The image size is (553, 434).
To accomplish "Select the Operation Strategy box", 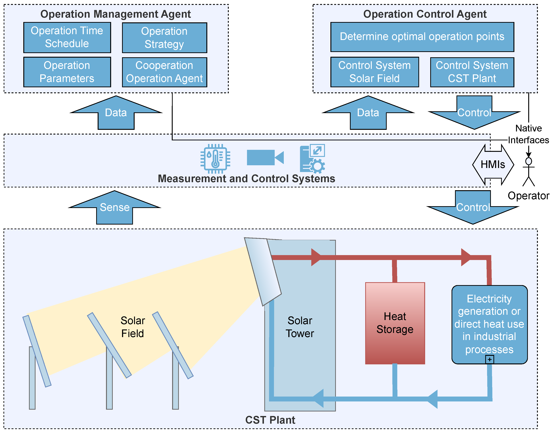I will coord(164,38).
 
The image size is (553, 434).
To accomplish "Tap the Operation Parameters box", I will coord(67,72).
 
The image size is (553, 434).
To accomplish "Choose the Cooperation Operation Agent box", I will coord(164,72).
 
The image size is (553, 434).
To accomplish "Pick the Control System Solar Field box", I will coord(374,72).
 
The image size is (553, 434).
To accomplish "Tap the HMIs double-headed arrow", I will coord(493,165).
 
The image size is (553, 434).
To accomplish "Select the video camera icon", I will coord(265,157).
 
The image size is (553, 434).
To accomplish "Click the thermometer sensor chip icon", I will coord(215,159).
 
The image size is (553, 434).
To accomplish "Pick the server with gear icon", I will coord(312,159).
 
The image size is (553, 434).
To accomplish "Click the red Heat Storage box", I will coord(395,323).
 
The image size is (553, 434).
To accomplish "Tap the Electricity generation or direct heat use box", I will coord(489,324).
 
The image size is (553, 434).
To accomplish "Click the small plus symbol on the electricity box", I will coord(489,359).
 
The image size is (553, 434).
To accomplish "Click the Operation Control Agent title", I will coord(425,14).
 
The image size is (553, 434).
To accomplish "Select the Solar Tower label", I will coord(300,327).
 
